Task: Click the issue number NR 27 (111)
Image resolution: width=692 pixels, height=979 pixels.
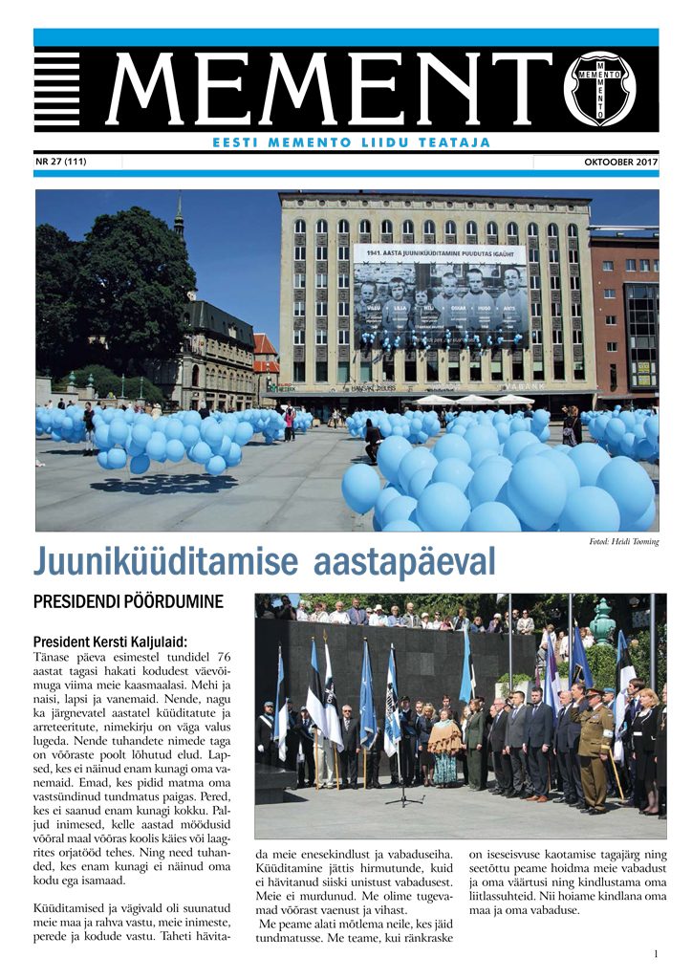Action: point(60,162)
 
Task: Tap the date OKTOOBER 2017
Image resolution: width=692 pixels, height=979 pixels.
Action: point(621,163)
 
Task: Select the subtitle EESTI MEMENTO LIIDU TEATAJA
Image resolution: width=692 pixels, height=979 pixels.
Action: point(351,142)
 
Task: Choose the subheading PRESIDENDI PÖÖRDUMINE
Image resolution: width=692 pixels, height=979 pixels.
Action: point(127,602)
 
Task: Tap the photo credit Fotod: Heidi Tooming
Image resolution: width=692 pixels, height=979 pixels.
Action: point(623,542)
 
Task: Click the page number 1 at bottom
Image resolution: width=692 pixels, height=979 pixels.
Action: point(656,953)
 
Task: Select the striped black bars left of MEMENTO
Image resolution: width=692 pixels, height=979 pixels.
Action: point(57,89)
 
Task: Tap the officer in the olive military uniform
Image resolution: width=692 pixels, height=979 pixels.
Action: point(595,746)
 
